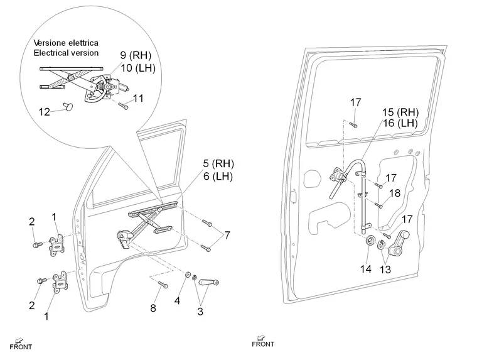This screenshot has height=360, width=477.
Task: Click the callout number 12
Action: pos(44,112)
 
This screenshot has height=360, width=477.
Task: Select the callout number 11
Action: pos(138,98)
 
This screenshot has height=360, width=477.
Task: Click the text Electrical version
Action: pos(66,53)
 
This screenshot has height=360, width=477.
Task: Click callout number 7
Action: pos(227,235)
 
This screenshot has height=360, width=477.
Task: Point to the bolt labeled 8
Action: pos(161,285)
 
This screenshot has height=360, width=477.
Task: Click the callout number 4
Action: pos(178,301)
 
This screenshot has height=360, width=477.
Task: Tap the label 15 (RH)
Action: pos(400,112)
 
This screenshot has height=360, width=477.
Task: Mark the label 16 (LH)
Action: pos(400,124)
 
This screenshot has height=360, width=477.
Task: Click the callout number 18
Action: pos(395,194)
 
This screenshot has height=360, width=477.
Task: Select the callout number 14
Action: pos(366,268)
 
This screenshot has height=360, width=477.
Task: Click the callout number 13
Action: pos(385,270)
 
